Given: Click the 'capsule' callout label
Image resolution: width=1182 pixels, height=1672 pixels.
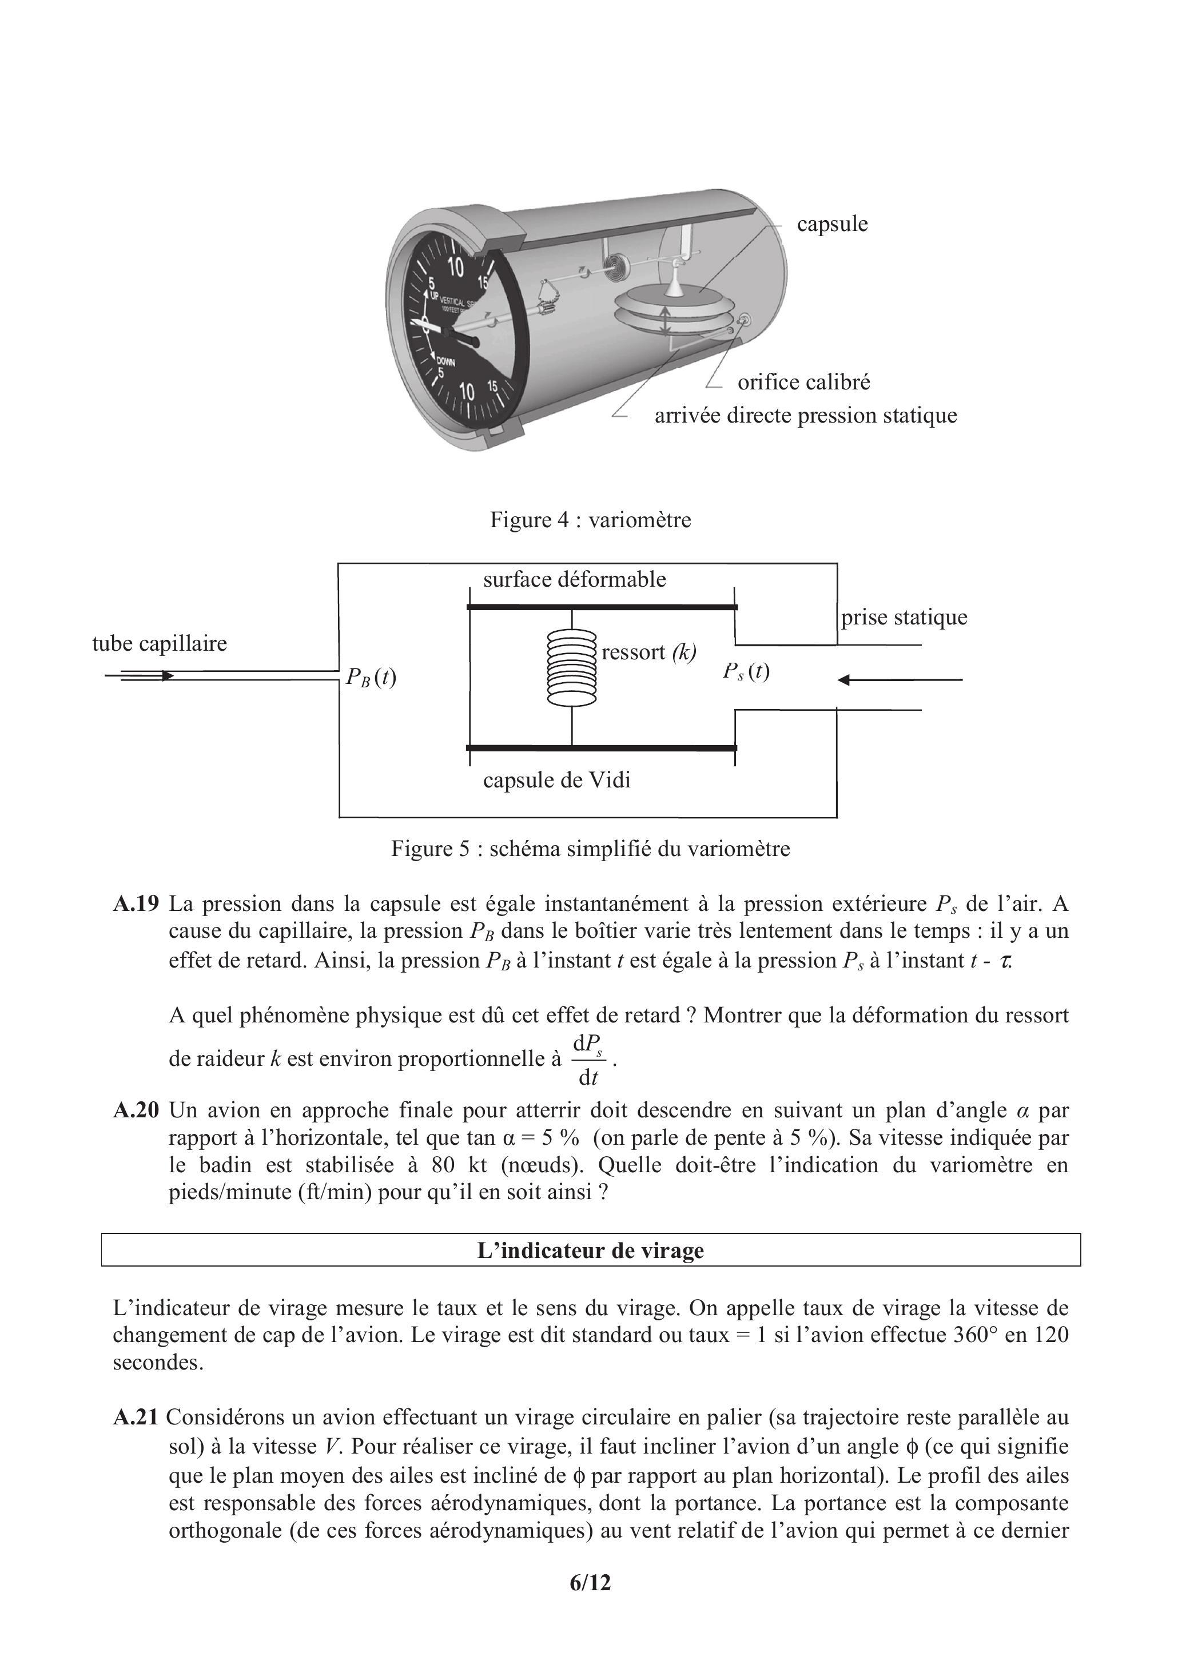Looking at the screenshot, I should click(x=831, y=224).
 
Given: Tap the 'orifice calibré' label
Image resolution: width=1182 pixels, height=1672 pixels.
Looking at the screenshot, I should click(x=803, y=383).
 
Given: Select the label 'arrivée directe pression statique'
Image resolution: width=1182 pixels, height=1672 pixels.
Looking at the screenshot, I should click(x=806, y=416).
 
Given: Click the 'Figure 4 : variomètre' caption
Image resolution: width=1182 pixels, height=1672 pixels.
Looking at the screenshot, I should click(x=591, y=520).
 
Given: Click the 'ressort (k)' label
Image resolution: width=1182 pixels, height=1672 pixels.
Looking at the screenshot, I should click(x=648, y=652).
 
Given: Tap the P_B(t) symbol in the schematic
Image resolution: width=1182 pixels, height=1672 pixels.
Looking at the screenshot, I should click(x=371, y=677).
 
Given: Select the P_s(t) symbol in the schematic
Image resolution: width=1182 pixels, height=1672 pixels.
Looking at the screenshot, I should click(x=746, y=671).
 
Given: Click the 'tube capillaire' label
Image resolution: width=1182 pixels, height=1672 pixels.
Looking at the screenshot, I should click(x=160, y=644).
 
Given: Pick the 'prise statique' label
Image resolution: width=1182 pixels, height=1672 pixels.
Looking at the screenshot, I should click(x=904, y=618).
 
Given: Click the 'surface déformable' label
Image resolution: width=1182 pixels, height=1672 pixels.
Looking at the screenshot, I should click(x=575, y=580).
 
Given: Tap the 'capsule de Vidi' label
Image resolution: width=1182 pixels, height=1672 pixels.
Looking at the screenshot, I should click(x=556, y=781).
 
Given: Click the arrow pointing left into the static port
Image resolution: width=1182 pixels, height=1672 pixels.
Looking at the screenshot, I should click(x=900, y=680).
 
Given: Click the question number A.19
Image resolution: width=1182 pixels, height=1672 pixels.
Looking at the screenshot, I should click(x=136, y=905).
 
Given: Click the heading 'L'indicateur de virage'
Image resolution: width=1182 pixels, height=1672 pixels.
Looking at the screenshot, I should click(x=591, y=1251).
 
